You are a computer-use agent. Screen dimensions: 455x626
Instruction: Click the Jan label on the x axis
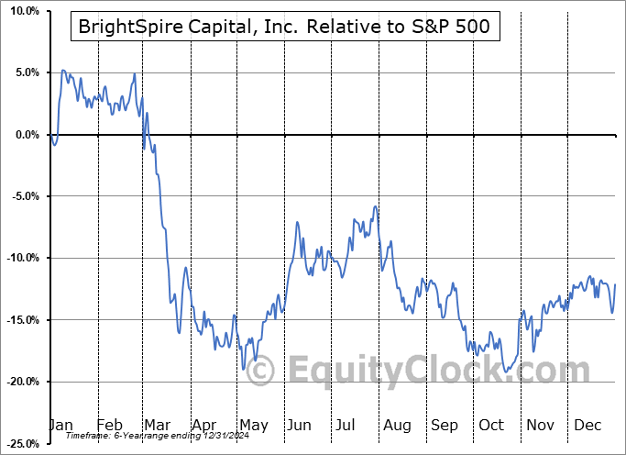click(61, 426)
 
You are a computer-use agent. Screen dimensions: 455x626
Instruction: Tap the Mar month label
click(158, 426)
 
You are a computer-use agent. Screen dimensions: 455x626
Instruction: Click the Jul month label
click(346, 426)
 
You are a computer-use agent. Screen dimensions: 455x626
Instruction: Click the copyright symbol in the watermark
click(261, 372)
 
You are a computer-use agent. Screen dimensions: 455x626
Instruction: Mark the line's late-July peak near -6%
click(375, 206)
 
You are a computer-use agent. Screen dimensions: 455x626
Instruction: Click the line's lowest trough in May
click(244, 369)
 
